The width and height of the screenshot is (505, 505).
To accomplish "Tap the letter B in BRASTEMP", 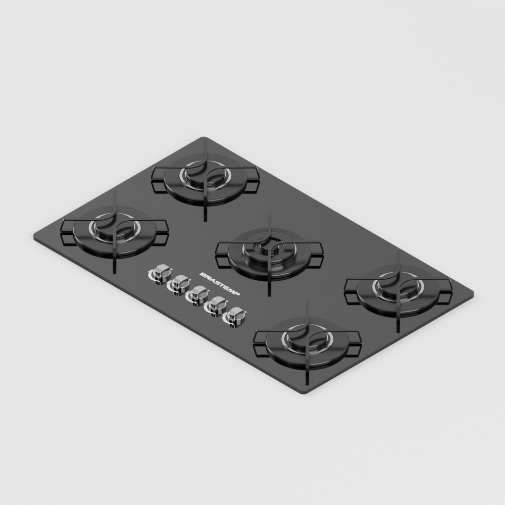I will [x=203, y=273].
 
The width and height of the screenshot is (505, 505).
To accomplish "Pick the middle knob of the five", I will [x=198, y=294].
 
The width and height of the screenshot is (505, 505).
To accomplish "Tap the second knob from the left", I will [x=179, y=283].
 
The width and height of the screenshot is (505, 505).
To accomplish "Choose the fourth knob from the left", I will [x=217, y=305].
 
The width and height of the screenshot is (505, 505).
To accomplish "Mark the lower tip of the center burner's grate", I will [x=269, y=294].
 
